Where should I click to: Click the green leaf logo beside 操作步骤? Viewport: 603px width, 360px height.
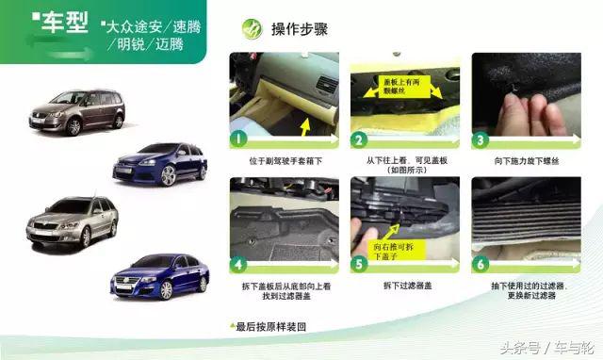tap(252, 28)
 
